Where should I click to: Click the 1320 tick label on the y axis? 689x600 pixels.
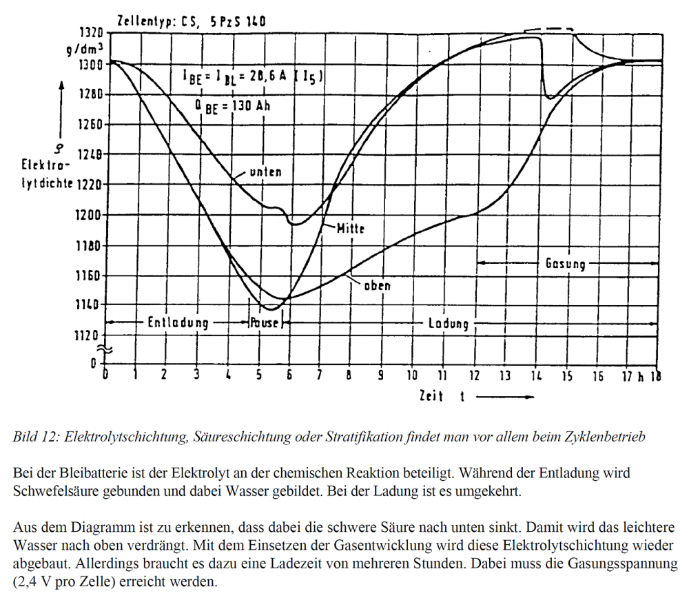pos(88,33)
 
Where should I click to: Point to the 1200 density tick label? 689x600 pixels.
pos(88,215)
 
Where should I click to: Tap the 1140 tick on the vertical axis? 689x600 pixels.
pos(88,304)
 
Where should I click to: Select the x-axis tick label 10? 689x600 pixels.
pos(411,375)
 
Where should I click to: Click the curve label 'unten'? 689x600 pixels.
pos(265,172)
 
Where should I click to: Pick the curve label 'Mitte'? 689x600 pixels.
pos(350,229)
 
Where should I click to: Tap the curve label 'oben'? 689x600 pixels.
pos(376,285)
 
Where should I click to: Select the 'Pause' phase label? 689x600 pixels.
pos(265,323)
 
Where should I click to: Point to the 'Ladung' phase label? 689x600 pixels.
pos(448,323)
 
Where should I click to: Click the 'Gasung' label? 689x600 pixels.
pos(565,264)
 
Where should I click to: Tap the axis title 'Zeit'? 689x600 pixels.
pos(431,397)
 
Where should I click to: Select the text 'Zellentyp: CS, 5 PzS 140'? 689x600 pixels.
pos(192,22)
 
